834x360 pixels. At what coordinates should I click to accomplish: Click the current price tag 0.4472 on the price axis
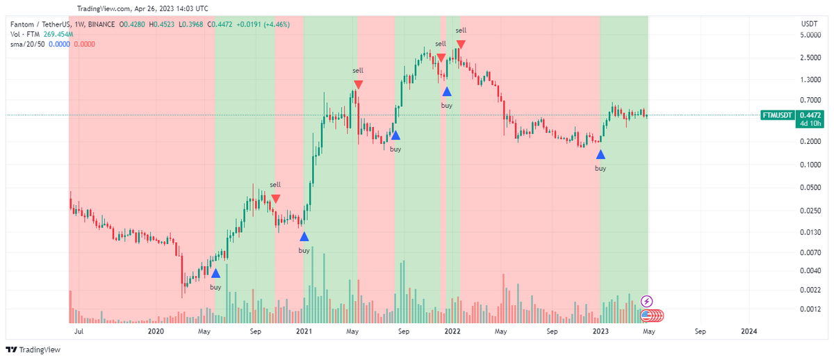tap(810, 115)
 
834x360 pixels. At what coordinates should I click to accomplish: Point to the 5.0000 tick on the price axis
tap(810, 35)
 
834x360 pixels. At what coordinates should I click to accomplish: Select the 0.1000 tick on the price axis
tap(810, 165)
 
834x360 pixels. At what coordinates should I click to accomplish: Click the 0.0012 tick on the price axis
tap(810, 309)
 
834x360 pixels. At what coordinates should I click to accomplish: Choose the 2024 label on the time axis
tap(749, 332)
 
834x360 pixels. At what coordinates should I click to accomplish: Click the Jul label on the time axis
tap(79, 332)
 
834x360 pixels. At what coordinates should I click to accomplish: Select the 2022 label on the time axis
tap(452, 332)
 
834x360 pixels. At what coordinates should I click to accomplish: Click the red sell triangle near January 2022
tap(461, 45)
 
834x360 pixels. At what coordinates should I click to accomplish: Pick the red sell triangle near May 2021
tap(358, 85)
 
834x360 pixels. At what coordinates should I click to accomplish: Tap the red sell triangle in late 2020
tap(276, 199)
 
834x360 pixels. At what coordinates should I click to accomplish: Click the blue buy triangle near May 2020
tap(215, 273)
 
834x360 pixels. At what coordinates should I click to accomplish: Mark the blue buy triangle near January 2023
tap(600, 154)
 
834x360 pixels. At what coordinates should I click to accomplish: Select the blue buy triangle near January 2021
tap(304, 236)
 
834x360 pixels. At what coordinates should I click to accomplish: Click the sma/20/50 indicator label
tap(24, 44)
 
